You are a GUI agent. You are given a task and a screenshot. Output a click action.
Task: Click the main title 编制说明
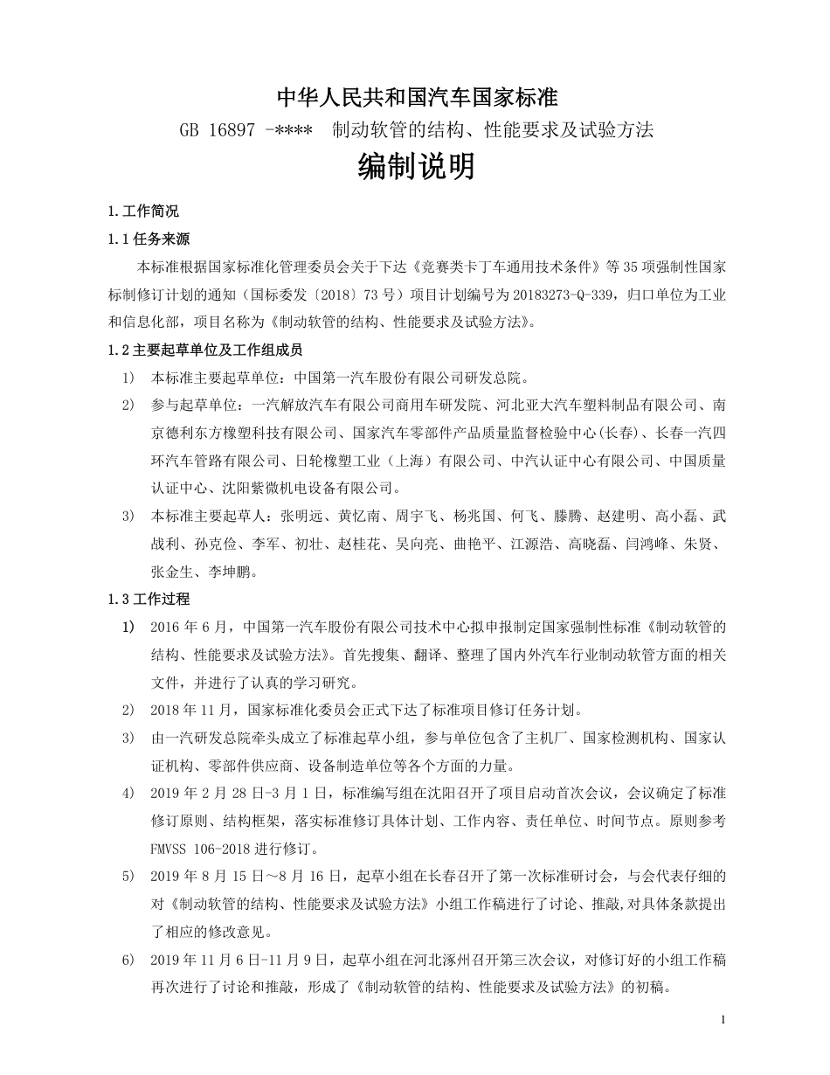(417, 166)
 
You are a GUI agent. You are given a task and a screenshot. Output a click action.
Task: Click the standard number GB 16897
(217, 130)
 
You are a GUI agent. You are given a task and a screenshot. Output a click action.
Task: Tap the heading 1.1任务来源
(149, 239)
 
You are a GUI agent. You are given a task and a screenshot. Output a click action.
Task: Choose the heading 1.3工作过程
(149, 599)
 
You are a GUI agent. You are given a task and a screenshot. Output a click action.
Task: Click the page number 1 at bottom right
(724, 1021)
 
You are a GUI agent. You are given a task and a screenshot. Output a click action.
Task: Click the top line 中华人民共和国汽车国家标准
(417, 97)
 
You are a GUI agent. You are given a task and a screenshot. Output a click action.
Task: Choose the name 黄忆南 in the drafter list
(363, 517)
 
